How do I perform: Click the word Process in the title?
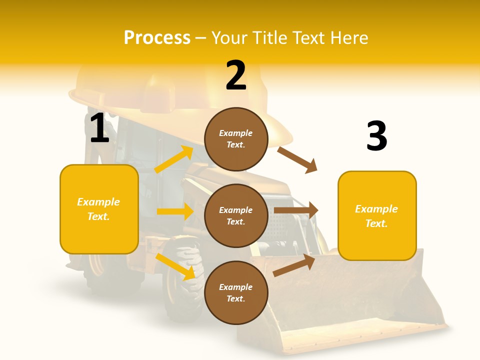tap(157, 37)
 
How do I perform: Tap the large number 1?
tap(99, 128)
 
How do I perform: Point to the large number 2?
tap(236, 75)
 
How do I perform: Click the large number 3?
tap(376, 136)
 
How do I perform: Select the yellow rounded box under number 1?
tap(99, 209)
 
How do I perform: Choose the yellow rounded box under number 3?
tap(376, 216)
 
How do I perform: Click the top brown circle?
tap(236, 139)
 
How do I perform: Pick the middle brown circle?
tap(236, 215)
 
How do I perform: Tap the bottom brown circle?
tap(236, 292)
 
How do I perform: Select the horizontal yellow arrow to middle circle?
tap(175, 211)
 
